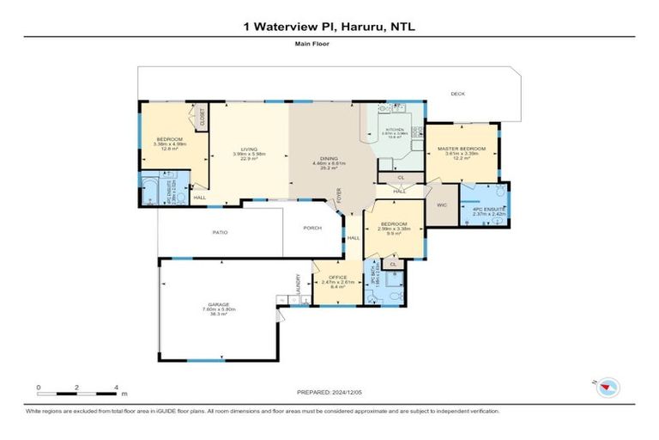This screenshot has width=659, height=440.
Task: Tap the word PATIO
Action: click(x=220, y=232)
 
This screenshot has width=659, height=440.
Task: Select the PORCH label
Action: click(x=311, y=228)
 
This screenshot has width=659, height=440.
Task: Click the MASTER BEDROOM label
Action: click(x=462, y=148)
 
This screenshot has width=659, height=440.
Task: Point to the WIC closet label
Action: click(x=442, y=205)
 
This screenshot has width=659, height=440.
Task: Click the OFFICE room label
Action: click(x=332, y=277)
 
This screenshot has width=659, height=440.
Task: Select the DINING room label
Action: click(x=329, y=158)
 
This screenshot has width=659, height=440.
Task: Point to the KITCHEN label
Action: click(x=394, y=130)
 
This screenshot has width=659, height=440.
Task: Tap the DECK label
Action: click(x=458, y=94)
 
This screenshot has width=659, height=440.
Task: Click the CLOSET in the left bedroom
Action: click(x=203, y=117)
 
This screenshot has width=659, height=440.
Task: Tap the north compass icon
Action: click(x=608, y=388)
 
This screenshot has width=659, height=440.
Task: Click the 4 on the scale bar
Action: click(x=116, y=387)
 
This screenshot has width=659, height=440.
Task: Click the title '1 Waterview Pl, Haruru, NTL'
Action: click(x=329, y=27)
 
